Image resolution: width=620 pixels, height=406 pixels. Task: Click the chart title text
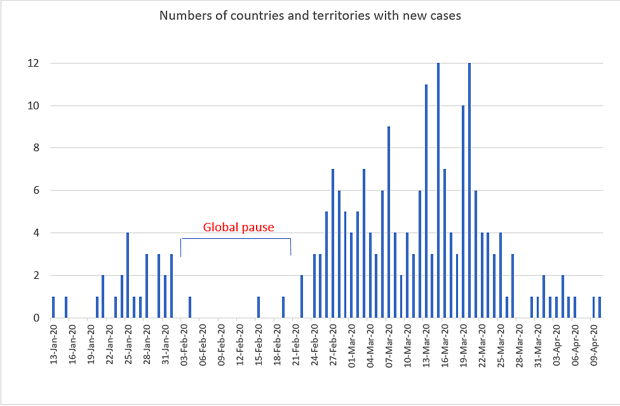click(310, 15)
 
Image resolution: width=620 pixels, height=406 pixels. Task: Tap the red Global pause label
click(238, 227)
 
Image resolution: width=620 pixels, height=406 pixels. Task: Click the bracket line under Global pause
click(236, 239)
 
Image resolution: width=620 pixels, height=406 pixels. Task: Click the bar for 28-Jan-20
click(147, 286)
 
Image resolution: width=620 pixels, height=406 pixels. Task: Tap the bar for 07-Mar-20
click(389, 222)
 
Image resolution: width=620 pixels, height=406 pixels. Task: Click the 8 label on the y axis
click(36, 148)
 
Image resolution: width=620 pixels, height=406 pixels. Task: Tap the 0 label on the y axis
click(36, 318)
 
